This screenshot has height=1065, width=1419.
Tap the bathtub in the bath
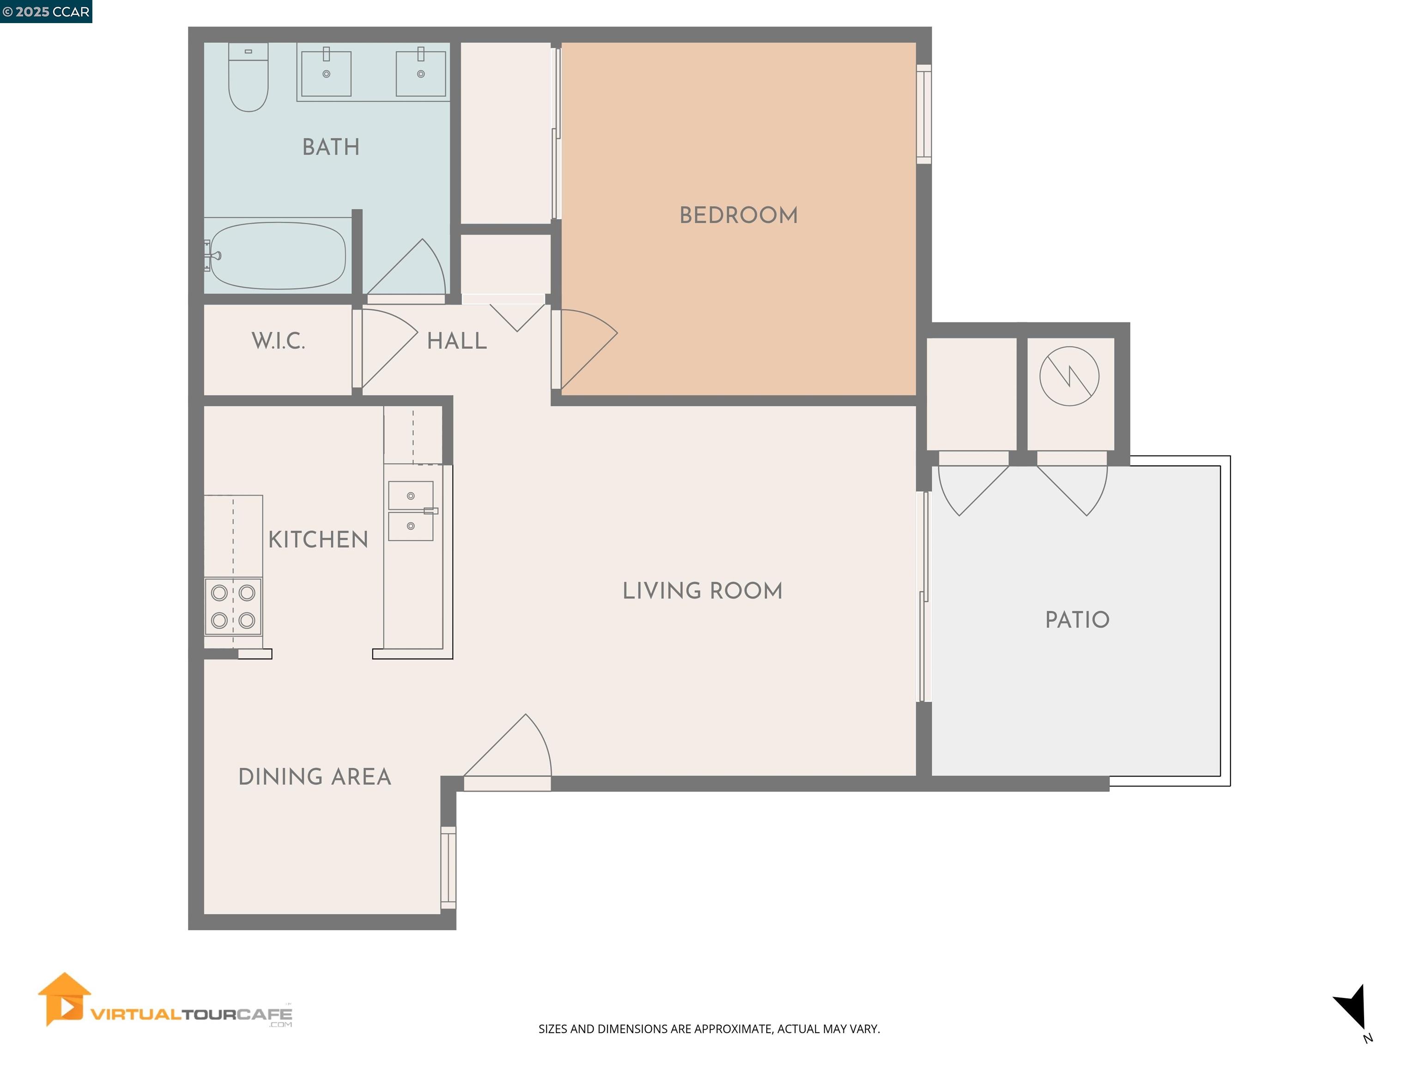pyautogui.click(x=277, y=256)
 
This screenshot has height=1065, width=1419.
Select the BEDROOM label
pyautogui.click(x=738, y=215)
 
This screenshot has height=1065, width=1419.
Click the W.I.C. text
pyautogui.click(x=278, y=341)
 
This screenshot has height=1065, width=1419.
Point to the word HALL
pyautogui.click(x=457, y=341)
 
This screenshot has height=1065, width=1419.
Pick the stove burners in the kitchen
pyautogui.click(x=233, y=606)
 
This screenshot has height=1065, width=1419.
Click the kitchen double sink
pyautogui.click(x=411, y=511)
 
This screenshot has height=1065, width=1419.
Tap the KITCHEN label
pyautogui.click(x=318, y=540)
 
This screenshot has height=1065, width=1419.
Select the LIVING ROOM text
pyautogui.click(x=703, y=591)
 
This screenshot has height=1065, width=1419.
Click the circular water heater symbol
pyautogui.click(x=1069, y=376)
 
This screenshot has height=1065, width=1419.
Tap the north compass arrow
pyautogui.click(x=1352, y=1007)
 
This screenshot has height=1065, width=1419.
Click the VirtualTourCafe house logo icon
pyautogui.click(x=63, y=999)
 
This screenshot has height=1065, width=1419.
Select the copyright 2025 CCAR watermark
pyautogui.click(x=46, y=12)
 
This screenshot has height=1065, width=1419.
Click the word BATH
pyautogui.click(x=331, y=147)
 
